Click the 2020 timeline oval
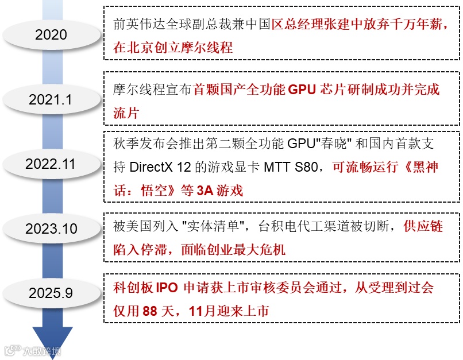[x=51, y=35]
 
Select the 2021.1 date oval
[x=51, y=99]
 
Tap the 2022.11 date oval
[x=51, y=164]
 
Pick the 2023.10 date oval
[x=51, y=229]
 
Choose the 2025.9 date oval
[x=51, y=293]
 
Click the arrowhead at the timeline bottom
[x=52, y=341]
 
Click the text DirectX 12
[x=169, y=167]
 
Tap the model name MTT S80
[x=293, y=167]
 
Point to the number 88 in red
[x=149, y=311]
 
